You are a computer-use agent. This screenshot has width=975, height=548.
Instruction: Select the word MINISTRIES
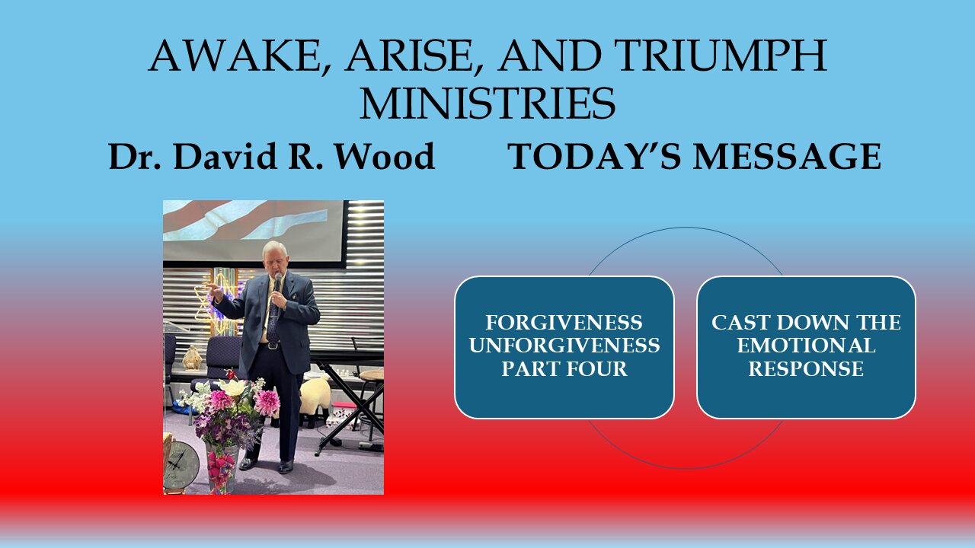[x=487, y=104]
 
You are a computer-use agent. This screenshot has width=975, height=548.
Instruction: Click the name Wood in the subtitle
[x=388, y=156]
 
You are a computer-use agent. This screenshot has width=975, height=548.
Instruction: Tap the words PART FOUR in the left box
[x=564, y=368]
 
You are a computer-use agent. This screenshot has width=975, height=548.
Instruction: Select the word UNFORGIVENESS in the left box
[x=564, y=346]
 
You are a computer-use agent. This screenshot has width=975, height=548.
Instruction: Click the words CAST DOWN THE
[x=806, y=323]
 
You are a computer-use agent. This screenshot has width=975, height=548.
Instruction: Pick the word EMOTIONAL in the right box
[x=806, y=346]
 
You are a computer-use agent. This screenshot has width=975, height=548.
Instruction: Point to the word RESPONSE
[x=806, y=368]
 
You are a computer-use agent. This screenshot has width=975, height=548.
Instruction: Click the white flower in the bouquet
[x=234, y=387]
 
